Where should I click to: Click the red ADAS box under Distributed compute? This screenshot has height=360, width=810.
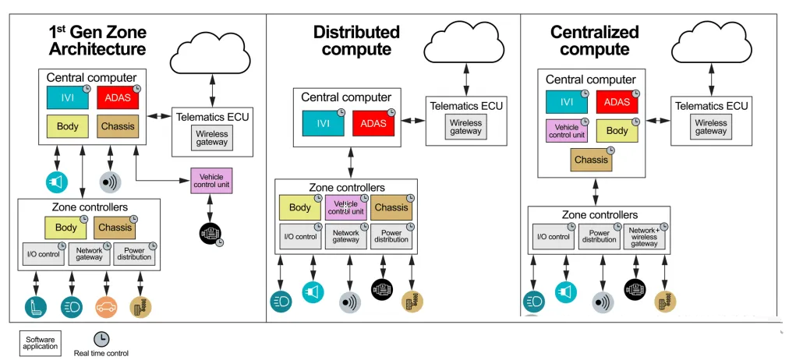pos(373,123)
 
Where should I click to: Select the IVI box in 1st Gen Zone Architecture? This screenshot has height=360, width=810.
pos(67,97)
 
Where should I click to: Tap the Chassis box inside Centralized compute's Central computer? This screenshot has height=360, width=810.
pos(592,160)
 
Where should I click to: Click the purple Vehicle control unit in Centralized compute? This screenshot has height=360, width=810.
pos(567,131)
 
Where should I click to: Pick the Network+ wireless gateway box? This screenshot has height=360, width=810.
pos(645,237)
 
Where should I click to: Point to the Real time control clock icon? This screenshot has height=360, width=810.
pos(101,339)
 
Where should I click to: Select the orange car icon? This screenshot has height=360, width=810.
pos(107,307)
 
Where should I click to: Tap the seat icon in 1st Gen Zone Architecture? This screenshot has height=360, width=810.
pos(36,307)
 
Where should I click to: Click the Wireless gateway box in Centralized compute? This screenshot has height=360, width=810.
pos(710,127)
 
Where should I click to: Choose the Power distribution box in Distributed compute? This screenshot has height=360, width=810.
pos(391,237)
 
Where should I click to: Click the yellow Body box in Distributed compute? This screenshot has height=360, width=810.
pos(300,207)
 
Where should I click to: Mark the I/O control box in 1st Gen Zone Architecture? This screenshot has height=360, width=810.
pos(44,254)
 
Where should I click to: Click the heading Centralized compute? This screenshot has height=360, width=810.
pos(595,41)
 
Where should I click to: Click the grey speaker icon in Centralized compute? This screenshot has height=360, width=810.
pos(603,302)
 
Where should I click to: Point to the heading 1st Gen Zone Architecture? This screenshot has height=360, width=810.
pos(97,41)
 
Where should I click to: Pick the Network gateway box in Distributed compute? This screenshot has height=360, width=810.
pos(345,237)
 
